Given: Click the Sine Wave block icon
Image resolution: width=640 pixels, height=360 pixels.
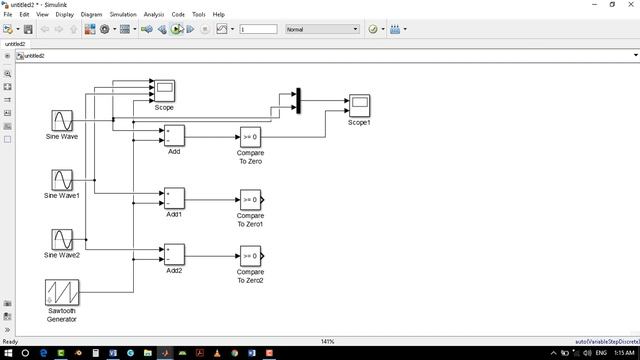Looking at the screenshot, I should click(x=62, y=121).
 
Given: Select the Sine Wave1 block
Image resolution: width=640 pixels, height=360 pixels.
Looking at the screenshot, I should click(x=62, y=180).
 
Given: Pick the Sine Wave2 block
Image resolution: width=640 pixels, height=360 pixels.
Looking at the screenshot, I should click(x=62, y=240).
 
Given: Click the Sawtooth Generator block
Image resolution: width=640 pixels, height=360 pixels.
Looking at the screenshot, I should click(x=62, y=293).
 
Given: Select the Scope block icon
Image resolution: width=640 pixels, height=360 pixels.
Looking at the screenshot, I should click(x=164, y=91).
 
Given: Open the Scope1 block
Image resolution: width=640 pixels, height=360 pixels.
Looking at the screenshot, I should click(x=358, y=106).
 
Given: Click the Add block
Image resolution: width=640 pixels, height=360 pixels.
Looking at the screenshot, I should click(x=174, y=135).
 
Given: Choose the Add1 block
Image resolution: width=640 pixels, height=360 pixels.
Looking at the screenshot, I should click(x=174, y=199).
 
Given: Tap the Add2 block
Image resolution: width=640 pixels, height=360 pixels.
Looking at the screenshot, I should click(x=174, y=255).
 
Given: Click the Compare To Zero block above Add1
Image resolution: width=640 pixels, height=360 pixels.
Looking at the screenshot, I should click(x=250, y=136).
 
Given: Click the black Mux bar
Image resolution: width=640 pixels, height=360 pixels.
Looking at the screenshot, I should click(x=297, y=101).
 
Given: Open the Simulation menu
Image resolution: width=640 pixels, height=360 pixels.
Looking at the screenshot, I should click(x=123, y=15).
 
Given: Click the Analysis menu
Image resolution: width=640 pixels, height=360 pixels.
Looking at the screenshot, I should click(x=153, y=15).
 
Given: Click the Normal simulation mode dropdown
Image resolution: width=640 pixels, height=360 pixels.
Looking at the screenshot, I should click(x=321, y=29).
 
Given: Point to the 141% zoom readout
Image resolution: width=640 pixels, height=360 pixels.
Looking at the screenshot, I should click(x=327, y=341).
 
